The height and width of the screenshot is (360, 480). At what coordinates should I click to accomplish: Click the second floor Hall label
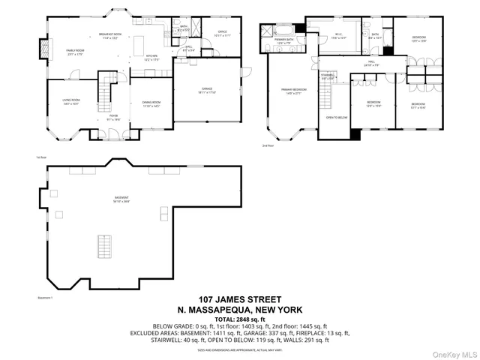[x=371, y=63]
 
